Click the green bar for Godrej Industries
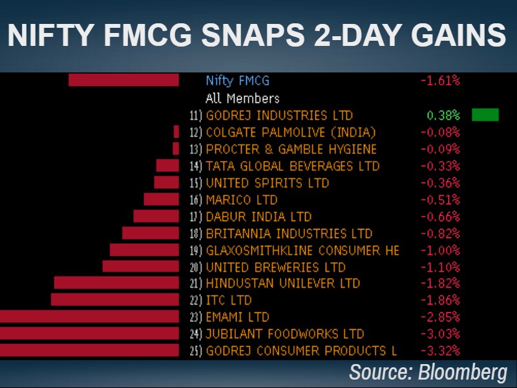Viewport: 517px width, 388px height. [485, 115]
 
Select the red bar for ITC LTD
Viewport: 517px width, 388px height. [114, 300]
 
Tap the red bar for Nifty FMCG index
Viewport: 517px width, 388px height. [123, 80]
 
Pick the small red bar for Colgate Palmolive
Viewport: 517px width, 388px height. [176, 132]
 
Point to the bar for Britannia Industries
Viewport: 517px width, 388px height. [150, 233]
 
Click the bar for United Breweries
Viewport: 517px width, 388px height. [140, 266]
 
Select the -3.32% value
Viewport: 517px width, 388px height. [440, 350]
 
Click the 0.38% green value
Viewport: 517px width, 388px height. [443, 115]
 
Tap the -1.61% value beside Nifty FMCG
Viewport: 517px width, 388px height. [440, 81]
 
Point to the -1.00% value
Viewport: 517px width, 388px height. [440, 250]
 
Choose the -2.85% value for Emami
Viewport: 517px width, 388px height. [440, 317]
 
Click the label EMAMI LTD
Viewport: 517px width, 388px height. [237, 317]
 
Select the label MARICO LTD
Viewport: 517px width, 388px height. [241, 199]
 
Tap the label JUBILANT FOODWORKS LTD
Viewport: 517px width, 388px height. [284, 334]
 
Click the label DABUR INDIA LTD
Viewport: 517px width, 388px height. [258, 216]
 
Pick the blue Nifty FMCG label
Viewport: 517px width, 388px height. [237, 81]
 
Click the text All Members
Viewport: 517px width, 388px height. [242, 98]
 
